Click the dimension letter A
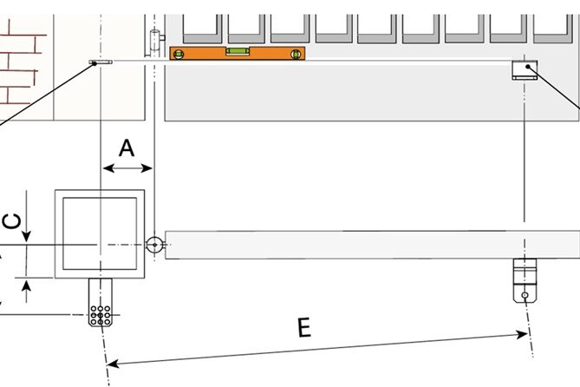tap(127, 148)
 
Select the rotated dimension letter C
tap(12, 222)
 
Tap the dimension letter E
tap(303, 327)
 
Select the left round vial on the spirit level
tap(180, 54)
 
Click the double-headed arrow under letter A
tap(127, 168)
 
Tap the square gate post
tap(101, 233)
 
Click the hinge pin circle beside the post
tap(154, 245)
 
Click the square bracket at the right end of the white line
tap(524, 69)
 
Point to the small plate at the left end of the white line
tap(100, 62)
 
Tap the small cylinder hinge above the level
tap(154, 42)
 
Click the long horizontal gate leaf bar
tap(364, 244)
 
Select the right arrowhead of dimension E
tap(523, 333)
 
